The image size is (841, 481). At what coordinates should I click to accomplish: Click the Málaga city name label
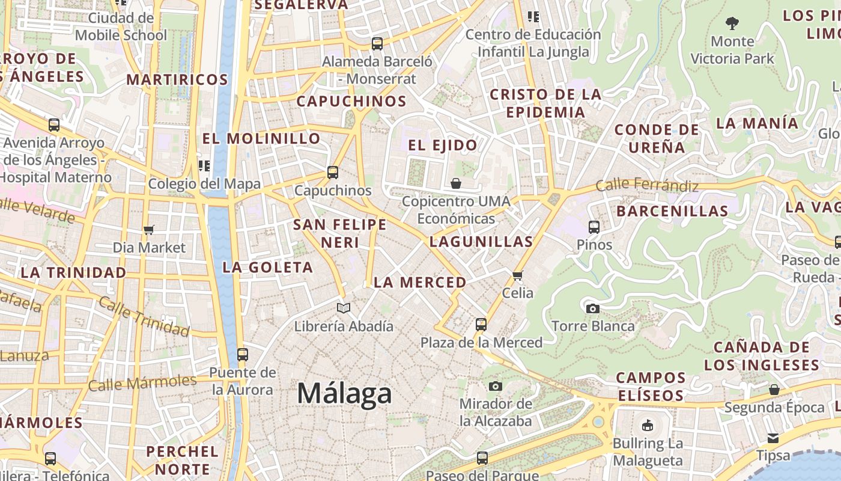pos(344,394)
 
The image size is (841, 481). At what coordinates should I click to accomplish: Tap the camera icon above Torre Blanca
pos(593,308)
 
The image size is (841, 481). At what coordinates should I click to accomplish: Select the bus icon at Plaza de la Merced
pos(481,325)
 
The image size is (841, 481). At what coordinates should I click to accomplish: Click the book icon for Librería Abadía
pos(344,308)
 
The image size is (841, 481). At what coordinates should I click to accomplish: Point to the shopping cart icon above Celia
pos(517,275)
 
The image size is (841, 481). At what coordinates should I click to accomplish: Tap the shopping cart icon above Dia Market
pos(149,230)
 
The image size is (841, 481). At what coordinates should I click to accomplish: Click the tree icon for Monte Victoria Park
pos(732,23)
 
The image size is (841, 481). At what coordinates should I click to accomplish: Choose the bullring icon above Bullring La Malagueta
pos(647,426)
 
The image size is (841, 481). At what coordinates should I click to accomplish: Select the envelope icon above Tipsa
pos(773,438)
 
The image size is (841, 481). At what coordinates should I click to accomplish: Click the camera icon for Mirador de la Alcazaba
pos(496,386)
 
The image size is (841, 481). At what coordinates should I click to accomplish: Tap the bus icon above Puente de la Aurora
pos(243,355)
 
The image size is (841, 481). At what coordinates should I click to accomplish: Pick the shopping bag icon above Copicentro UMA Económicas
pos(456,183)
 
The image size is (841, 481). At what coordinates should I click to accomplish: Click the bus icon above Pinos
pos(594,227)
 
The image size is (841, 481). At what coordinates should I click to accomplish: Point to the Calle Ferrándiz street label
pos(647,185)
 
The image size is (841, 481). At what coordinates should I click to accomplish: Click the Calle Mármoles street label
pos(142,382)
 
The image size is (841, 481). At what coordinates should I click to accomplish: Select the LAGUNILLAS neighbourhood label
pos(481,242)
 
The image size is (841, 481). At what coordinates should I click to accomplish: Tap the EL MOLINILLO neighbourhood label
pos(261,138)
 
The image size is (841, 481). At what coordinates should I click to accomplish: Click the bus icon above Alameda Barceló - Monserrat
pos(377,44)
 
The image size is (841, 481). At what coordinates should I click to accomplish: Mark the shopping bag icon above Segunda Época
pos(774,390)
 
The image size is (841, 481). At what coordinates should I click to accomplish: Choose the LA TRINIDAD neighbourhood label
pos(73,272)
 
